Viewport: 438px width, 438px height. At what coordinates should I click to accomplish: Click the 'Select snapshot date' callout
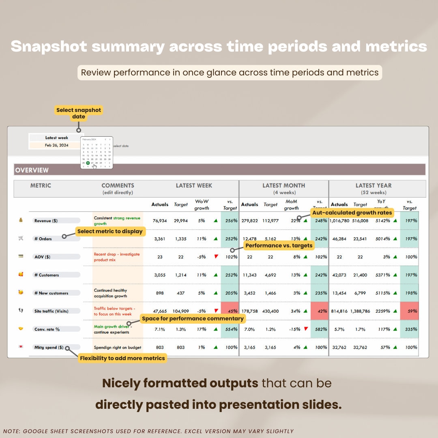79,113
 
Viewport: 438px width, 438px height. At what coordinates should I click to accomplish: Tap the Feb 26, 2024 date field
57,145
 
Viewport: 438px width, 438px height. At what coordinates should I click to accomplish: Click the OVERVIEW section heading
32,170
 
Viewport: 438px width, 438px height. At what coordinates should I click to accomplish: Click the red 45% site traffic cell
230,311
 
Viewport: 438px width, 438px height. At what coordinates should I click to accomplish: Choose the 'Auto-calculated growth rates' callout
352,213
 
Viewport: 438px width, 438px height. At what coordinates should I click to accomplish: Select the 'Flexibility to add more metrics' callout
122,358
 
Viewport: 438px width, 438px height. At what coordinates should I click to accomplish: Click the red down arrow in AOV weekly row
216,256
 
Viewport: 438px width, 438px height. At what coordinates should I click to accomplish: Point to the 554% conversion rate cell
230,329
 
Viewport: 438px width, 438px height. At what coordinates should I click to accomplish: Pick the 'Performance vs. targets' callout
279,246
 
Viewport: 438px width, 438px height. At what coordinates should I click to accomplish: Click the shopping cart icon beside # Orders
21,238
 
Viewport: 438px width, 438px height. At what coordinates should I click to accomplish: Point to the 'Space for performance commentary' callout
193,319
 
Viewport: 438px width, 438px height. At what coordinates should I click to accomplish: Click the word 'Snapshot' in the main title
49,47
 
